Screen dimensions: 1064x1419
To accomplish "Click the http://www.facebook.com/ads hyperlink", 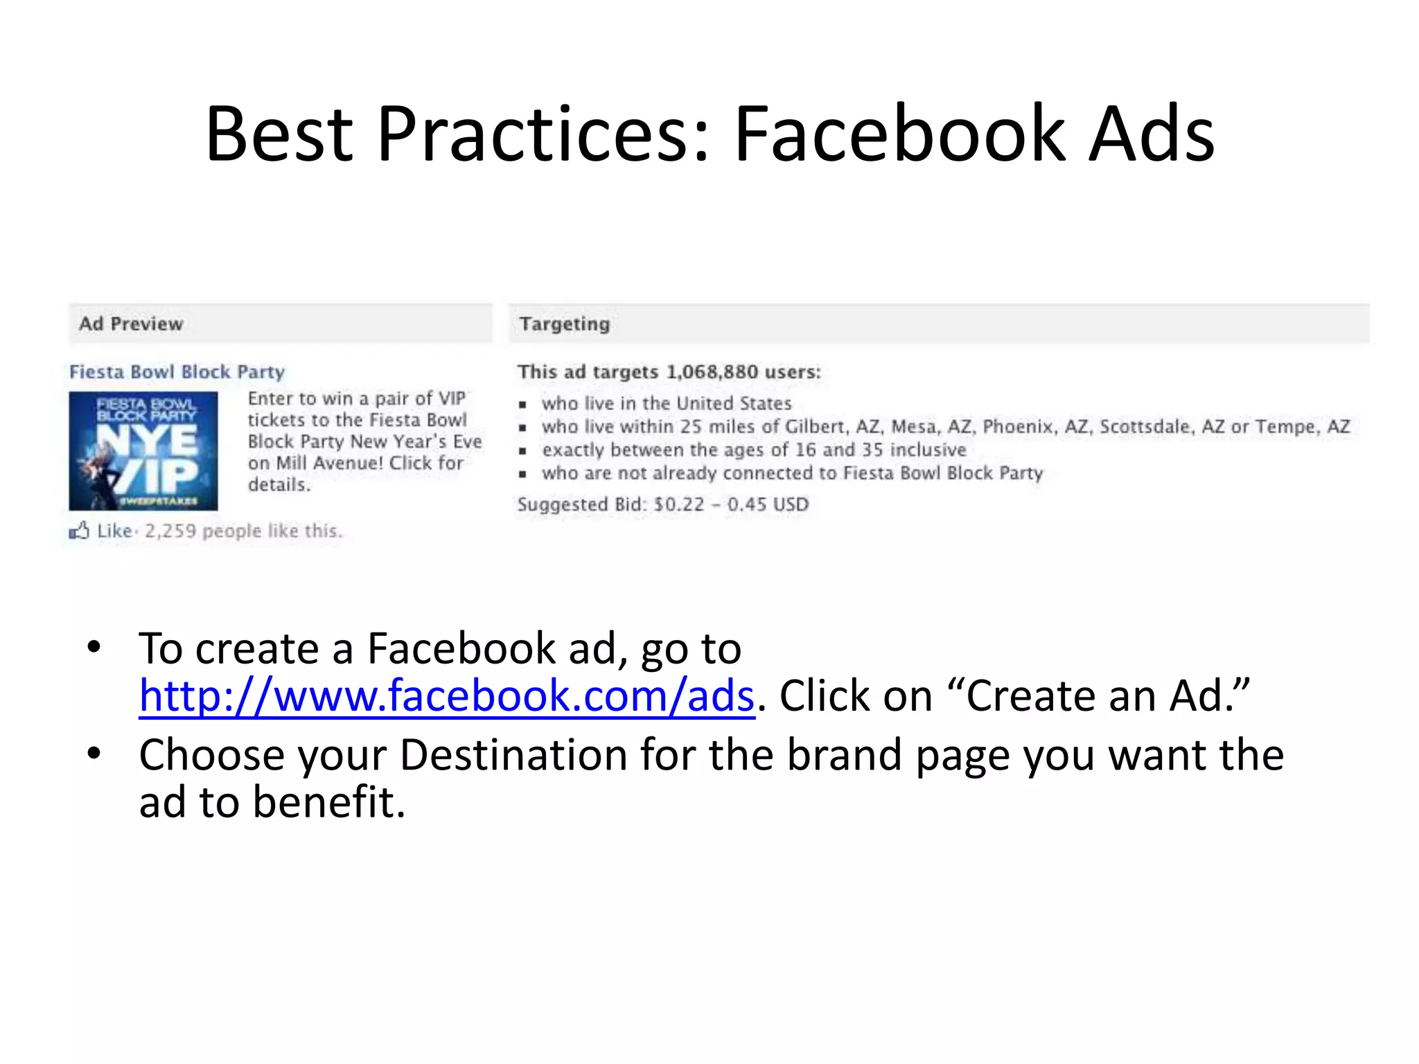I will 446,696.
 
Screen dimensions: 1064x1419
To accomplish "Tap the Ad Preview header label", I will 131,324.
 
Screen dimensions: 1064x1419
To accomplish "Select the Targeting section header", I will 565,324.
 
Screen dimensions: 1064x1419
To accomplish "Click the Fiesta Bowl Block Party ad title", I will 177,372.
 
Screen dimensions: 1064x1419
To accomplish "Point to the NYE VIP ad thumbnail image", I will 143,451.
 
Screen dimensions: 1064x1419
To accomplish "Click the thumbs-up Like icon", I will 79,531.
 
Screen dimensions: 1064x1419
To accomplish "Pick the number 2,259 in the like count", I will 170,531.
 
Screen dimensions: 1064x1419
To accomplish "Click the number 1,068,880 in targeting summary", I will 712,372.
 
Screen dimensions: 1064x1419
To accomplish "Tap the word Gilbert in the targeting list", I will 814,427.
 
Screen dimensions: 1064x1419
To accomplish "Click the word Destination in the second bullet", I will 513,755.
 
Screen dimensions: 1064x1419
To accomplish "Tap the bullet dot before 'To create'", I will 94,648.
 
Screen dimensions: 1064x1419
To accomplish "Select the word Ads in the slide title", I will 1151,134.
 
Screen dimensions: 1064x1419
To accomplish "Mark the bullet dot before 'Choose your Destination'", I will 94,754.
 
